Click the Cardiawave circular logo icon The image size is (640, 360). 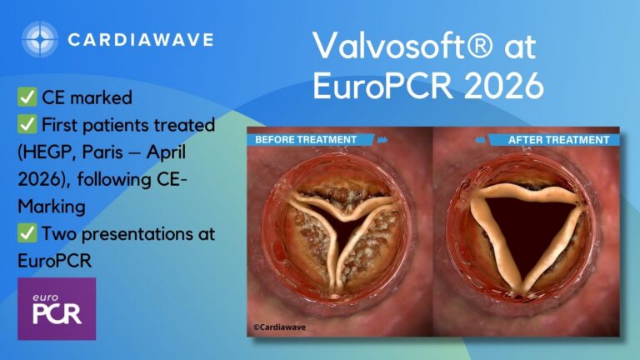tap(40, 39)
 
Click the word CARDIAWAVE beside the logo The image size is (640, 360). tap(141, 40)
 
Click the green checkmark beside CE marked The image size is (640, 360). tap(27, 97)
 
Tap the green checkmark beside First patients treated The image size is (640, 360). tap(27, 124)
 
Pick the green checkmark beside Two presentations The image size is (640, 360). tap(27, 232)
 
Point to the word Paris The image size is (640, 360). tap(102, 152)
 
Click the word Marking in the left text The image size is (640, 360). tap(52, 207)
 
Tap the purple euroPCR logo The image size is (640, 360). tap(57, 308)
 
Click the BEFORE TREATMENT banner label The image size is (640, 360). tap(306, 140)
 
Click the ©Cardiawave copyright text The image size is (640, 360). tap(279, 327)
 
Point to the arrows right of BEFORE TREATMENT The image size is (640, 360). tap(382, 140)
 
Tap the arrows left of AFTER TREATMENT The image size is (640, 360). tap(480, 140)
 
